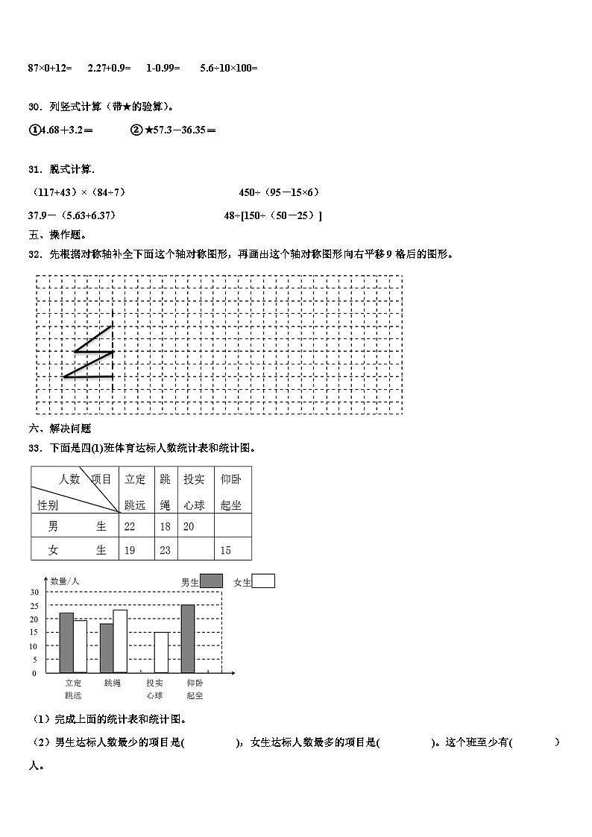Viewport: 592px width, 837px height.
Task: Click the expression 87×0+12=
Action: point(50,68)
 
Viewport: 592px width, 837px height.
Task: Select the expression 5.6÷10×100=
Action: point(229,68)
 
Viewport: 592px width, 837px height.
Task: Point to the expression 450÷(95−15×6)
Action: point(280,192)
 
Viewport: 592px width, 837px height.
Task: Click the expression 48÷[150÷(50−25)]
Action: point(273,216)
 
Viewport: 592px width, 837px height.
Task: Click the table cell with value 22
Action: point(130,527)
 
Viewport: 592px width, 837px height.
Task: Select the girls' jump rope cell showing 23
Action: point(165,551)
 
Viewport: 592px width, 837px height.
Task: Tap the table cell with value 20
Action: point(189,527)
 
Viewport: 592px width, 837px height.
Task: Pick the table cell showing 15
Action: point(226,551)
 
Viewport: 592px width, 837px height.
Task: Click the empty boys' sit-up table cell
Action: point(233,527)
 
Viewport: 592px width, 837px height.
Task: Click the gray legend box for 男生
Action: point(212,581)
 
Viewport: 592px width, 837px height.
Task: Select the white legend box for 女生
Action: point(263,581)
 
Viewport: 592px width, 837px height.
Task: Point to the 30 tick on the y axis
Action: point(34,592)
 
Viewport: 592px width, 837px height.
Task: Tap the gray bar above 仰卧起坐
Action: point(188,639)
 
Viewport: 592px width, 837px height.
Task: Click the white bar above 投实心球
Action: point(161,653)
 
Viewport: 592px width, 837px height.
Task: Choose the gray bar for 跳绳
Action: point(107,648)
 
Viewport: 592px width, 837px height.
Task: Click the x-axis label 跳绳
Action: point(113,683)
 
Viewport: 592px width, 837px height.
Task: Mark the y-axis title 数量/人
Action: point(66,581)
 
